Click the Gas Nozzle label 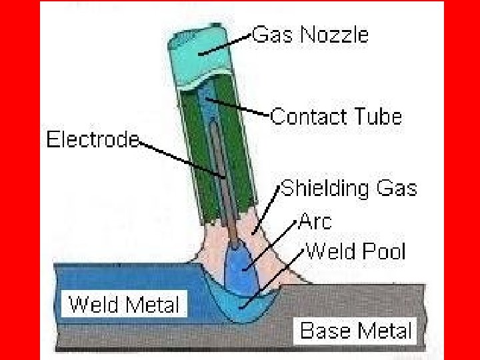tap(310, 35)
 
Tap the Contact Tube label tap(336, 117)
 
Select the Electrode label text tap(92, 140)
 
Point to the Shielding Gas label tap(349, 189)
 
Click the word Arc tap(315, 220)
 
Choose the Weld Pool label tap(355, 252)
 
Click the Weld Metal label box tap(125, 305)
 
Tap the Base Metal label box tap(355, 330)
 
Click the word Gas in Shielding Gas tap(395, 189)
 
